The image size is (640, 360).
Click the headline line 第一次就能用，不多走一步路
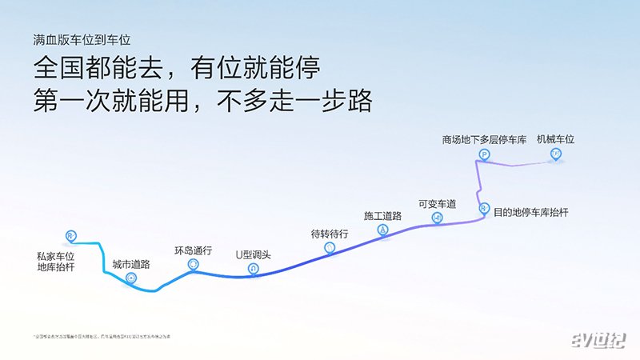tap(203, 102)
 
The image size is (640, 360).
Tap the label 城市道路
tap(131, 263)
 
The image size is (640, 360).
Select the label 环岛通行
tap(193, 250)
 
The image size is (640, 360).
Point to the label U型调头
tap(253, 255)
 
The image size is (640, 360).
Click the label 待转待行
tap(330, 234)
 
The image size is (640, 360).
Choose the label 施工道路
tap(382, 216)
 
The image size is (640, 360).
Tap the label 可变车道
tap(437, 204)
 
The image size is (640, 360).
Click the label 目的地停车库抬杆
tap(531, 213)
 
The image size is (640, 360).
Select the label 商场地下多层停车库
tap(484, 139)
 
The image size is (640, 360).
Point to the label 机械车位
tap(556, 138)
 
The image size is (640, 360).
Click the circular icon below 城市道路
tap(131, 277)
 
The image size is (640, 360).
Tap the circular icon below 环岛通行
tap(193, 264)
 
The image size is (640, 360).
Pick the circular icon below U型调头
tap(253, 269)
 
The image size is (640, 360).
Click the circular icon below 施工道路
tap(382, 230)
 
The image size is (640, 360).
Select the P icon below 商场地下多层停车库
tap(484, 153)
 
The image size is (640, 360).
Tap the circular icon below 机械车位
tap(555, 153)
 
